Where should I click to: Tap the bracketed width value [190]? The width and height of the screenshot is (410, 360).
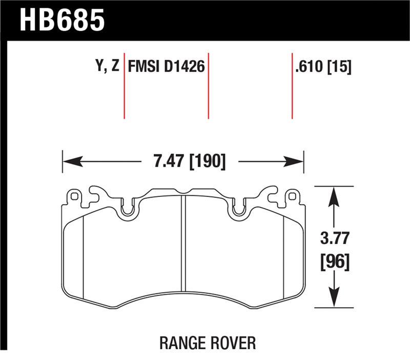208,162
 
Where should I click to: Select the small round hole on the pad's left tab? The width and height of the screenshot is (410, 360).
75,195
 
